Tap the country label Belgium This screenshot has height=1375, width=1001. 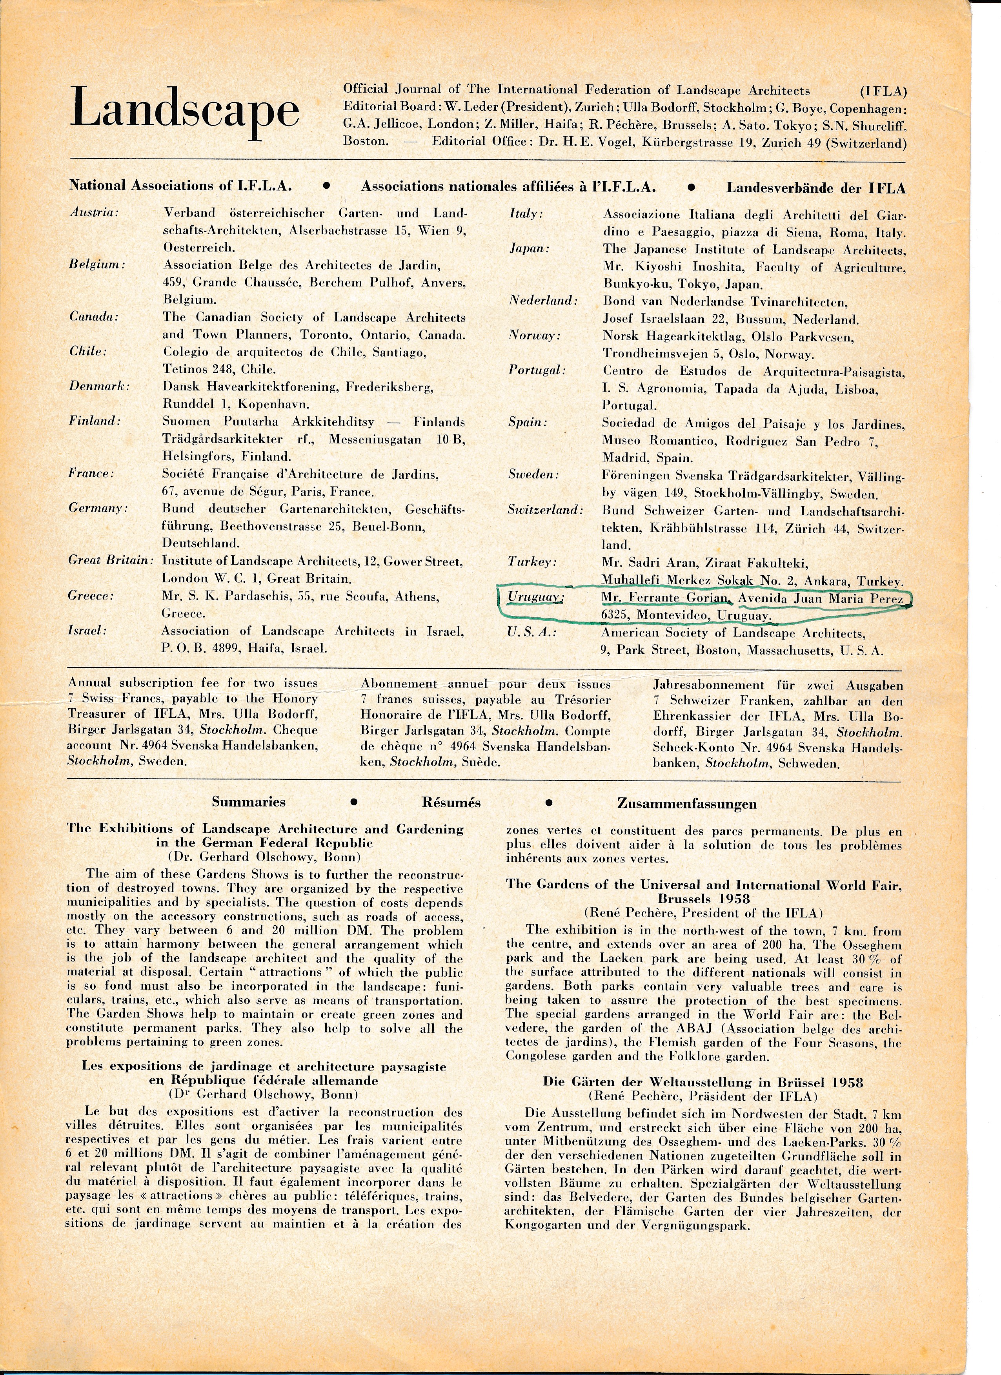tap(97, 265)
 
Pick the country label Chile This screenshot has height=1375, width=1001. tap(88, 352)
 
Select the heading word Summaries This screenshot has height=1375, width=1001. tap(248, 802)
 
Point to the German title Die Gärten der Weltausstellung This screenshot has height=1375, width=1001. tap(703, 1082)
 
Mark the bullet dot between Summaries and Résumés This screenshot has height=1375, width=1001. tap(354, 801)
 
